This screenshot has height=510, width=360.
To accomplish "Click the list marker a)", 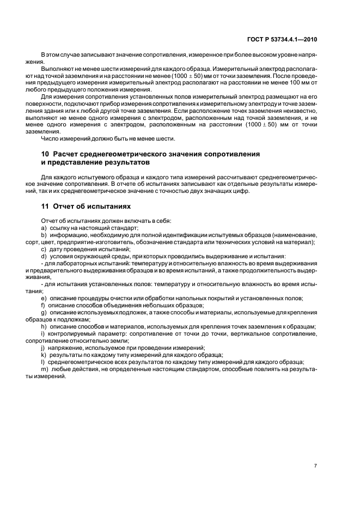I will (44, 227).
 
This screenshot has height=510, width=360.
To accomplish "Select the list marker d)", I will (44, 256).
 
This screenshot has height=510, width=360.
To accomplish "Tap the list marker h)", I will (44, 326).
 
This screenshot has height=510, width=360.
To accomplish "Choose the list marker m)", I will (45, 369).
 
